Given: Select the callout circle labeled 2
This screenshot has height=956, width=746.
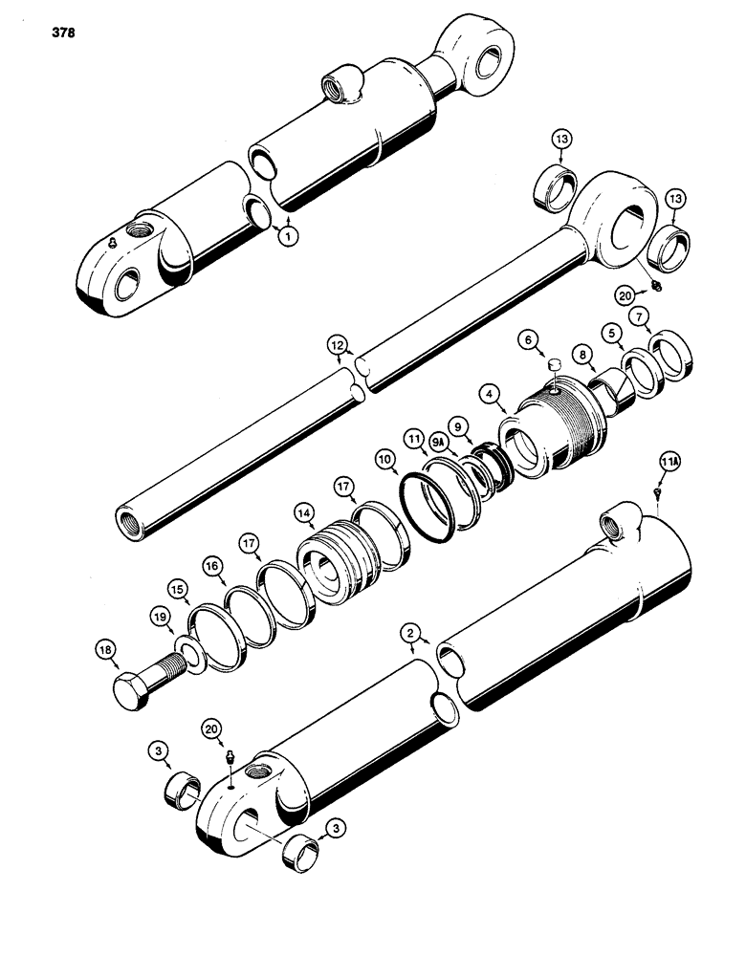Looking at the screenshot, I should click(x=410, y=632).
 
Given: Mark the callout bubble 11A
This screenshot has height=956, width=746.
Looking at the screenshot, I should click(x=669, y=463).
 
